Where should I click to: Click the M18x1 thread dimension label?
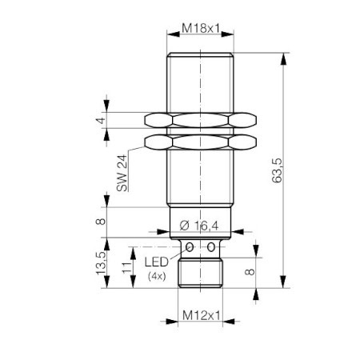202,28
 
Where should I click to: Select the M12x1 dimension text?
202,316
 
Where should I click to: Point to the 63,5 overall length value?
277,170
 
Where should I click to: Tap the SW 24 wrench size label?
122,173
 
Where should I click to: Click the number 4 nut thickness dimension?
101,121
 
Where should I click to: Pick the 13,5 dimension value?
101,263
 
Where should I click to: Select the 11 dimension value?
127,267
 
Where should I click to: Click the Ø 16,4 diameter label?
199,226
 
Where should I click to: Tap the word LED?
157,262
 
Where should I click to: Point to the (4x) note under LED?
157,276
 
